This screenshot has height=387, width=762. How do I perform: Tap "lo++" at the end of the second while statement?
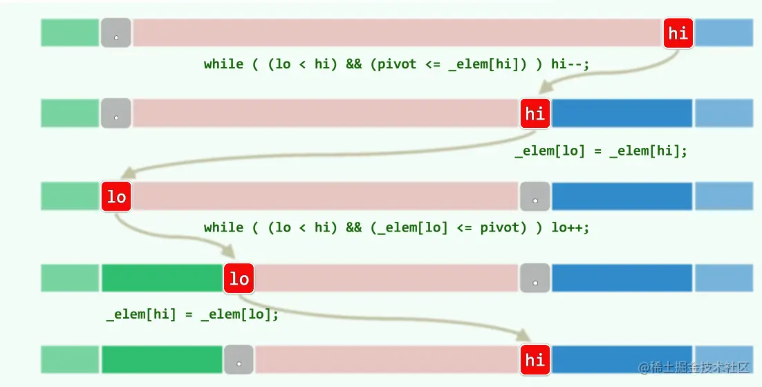point(570,227)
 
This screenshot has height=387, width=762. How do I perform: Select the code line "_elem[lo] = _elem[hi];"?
point(601,151)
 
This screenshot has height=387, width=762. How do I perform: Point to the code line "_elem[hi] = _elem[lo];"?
point(192,314)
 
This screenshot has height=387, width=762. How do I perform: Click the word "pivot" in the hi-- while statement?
point(400,64)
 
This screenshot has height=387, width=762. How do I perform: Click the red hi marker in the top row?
point(678,32)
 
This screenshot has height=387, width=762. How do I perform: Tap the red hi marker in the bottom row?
point(535,360)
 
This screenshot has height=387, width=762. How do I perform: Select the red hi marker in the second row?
point(535,113)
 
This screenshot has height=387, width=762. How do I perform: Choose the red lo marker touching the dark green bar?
point(239,279)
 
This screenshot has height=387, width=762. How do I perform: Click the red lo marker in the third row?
point(116,197)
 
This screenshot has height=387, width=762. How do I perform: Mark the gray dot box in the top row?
point(116,33)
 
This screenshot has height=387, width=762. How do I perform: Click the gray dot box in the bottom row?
point(239,360)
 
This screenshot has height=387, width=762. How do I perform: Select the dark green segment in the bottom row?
point(162,360)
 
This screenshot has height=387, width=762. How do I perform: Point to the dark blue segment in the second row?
point(622,113)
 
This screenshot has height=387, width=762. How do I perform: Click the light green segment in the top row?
point(70,32)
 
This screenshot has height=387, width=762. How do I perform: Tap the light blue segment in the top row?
point(723,32)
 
